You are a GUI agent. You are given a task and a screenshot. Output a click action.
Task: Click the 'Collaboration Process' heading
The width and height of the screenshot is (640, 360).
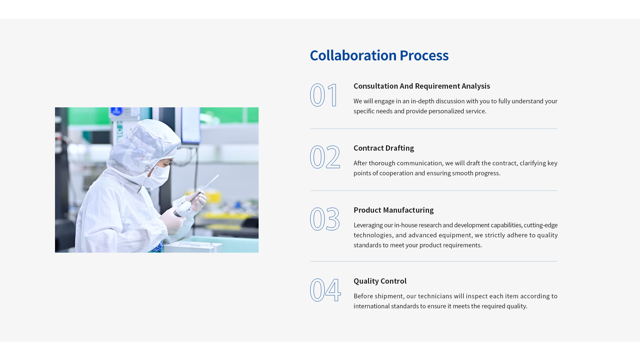coord(379,55)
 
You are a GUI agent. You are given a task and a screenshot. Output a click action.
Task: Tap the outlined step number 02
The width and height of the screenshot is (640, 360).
coord(325,157)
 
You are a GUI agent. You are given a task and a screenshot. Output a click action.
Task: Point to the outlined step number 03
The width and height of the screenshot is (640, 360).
coord(325,219)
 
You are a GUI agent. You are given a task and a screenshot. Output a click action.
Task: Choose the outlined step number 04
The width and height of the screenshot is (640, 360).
coord(325,290)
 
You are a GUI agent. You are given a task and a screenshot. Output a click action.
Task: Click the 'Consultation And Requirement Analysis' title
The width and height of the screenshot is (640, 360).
coord(422,86)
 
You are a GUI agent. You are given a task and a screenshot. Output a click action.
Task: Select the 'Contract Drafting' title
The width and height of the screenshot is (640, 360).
coord(384,148)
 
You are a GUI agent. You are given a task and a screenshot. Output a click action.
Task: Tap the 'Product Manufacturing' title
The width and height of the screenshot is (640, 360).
coord(394,210)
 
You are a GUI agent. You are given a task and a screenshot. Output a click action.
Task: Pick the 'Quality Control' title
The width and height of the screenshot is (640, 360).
coord(380,281)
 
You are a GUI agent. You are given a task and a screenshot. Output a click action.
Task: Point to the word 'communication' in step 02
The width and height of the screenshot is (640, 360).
coord(419,163)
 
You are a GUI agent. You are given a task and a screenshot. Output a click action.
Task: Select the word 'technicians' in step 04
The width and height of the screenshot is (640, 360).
coord(435,296)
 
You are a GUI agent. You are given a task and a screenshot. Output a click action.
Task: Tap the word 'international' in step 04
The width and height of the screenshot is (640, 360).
coord(372,306)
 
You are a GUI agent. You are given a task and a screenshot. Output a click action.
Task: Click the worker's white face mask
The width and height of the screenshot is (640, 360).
coord(157,176)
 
